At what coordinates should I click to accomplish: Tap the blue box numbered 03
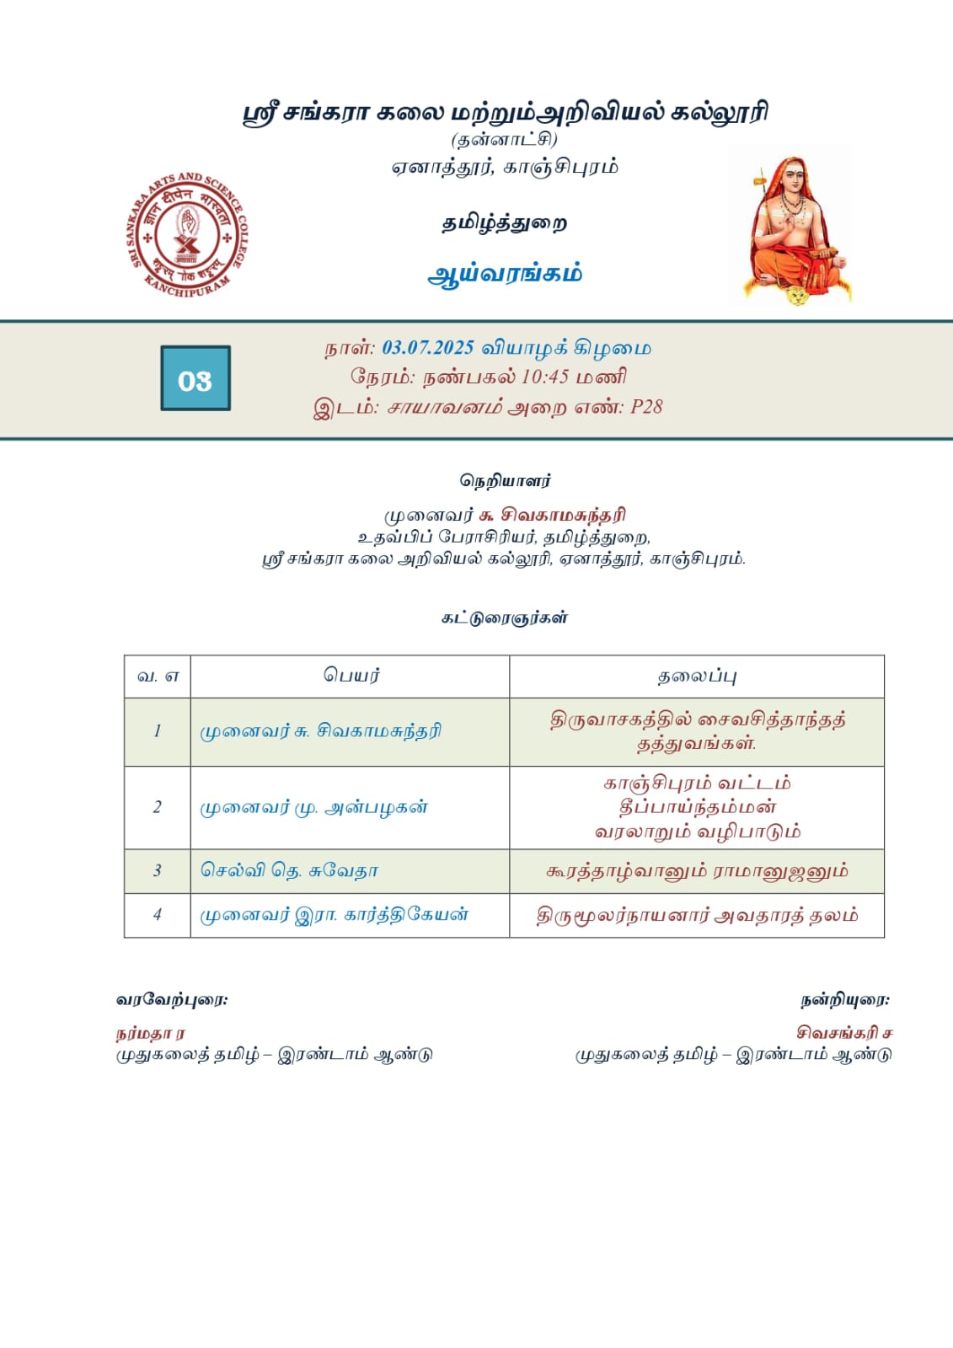coord(195,378)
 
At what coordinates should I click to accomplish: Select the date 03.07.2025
coord(428,348)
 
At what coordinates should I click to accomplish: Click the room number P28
coord(646,407)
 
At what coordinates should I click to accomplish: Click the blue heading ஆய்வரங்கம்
coord(505,274)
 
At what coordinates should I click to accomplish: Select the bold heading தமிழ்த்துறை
coord(505,223)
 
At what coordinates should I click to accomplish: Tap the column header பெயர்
coord(351,676)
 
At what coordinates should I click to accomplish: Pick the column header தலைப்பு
coord(697,676)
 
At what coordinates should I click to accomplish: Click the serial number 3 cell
coord(158,870)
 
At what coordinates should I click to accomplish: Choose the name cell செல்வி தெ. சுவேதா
coord(289,870)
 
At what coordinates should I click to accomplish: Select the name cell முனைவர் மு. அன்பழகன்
coord(313,807)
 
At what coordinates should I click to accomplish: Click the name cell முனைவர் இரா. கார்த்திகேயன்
coord(334,915)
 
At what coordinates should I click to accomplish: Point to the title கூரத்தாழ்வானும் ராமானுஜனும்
coord(697,870)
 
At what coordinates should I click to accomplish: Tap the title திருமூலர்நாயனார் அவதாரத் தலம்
coord(697,915)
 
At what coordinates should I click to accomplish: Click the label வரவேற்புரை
coord(172,1000)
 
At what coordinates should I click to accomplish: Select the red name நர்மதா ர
coord(151,1033)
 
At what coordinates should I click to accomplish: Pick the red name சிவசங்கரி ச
coord(844,1032)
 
